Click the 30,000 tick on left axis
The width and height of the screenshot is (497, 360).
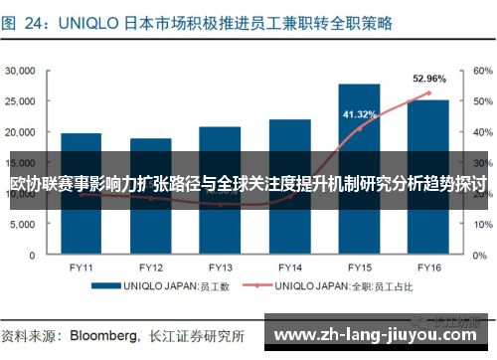click(21, 72)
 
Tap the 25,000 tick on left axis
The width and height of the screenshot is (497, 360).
click(21, 101)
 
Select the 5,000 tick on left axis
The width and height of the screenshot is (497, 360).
click(24, 224)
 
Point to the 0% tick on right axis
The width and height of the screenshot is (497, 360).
click(479, 255)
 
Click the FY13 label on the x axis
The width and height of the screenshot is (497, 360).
click(220, 268)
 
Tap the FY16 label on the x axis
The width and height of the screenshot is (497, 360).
click(428, 268)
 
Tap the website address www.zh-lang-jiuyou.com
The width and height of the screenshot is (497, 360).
click(378, 333)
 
